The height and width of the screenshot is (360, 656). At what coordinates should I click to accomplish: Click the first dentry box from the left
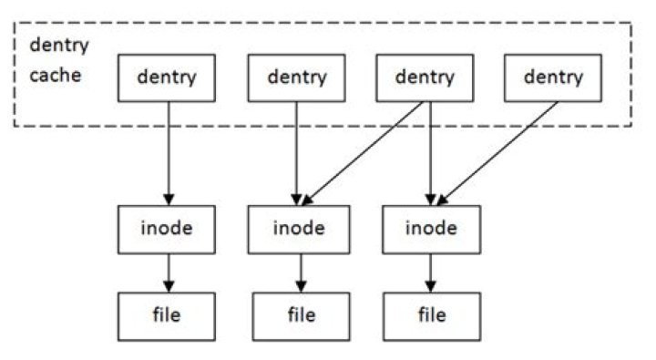(167, 77)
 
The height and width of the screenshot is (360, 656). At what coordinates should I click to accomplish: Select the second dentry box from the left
(296, 77)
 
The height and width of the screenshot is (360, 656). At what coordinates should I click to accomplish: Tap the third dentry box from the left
(424, 77)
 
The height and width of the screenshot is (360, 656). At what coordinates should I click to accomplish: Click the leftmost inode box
(167, 229)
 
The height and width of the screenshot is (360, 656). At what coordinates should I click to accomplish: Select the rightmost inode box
(431, 229)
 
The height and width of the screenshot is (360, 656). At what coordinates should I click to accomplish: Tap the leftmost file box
(167, 315)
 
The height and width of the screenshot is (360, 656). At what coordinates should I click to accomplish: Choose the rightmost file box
(431, 315)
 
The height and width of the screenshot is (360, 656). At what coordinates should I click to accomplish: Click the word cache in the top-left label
(55, 75)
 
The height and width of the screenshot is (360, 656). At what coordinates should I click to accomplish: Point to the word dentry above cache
(59, 46)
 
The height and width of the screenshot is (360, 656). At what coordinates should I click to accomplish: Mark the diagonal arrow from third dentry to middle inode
(364, 152)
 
